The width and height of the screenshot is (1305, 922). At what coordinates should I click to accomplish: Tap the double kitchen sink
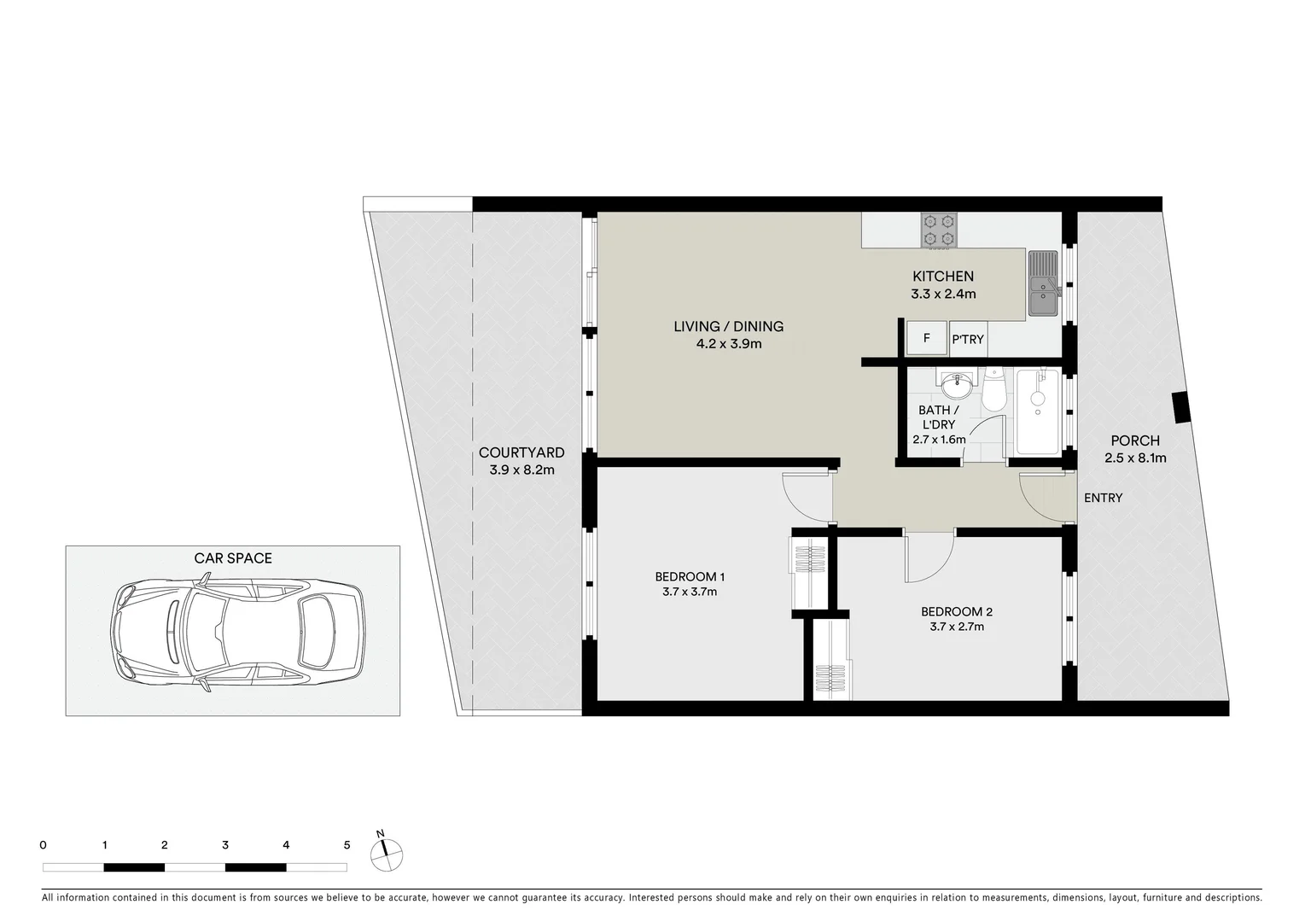(x=1043, y=283)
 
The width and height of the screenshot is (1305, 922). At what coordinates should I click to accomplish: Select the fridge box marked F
(x=926, y=339)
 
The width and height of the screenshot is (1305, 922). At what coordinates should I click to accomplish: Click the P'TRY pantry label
(x=968, y=340)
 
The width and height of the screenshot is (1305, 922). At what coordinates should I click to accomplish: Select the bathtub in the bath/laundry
(x=1037, y=412)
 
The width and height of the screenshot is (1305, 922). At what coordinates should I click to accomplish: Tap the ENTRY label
(x=1103, y=498)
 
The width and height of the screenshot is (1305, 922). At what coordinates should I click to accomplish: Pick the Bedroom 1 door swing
(x=805, y=496)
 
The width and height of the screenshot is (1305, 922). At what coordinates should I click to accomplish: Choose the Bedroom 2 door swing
(x=929, y=556)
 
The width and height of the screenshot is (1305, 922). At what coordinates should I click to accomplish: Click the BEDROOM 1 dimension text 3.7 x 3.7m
(x=689, y=592)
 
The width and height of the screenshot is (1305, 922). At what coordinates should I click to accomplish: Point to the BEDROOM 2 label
(x=956, y=611)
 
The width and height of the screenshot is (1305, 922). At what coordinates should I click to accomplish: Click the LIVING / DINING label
(x=728, y=326)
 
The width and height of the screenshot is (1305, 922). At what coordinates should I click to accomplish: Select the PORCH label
(x=1134, y=441)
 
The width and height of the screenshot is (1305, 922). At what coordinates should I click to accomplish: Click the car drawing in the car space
(x=238, y=631)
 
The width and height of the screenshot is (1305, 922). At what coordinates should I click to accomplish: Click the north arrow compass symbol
(x=386, y=851)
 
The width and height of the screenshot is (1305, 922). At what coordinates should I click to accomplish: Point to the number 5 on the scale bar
(x=347, y=845)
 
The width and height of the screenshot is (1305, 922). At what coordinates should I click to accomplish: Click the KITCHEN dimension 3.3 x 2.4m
(x=943, y=294)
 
